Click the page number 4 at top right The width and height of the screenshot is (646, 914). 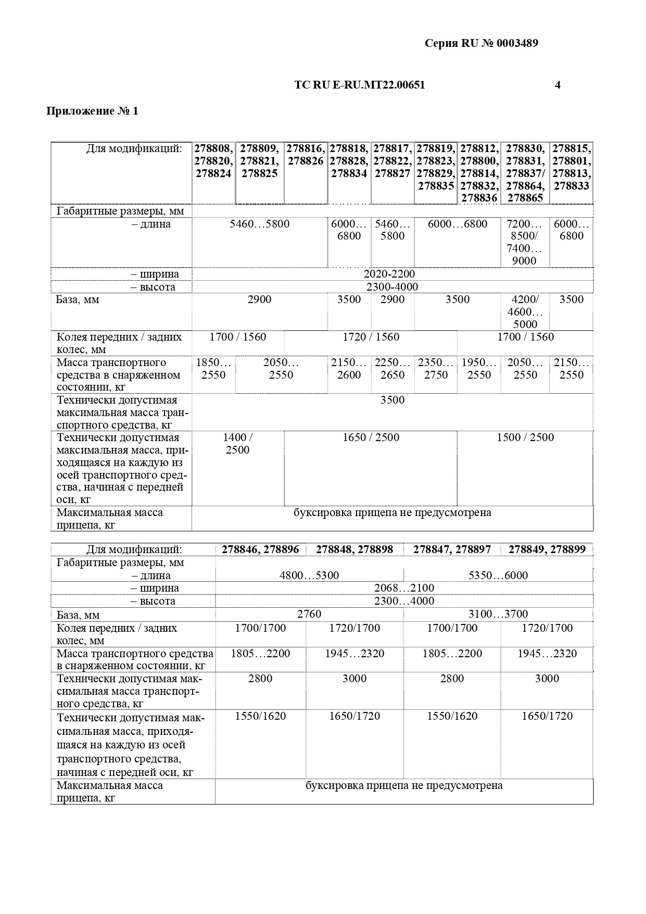tap(558, 85)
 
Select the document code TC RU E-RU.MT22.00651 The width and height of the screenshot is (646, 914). tap(359, 85)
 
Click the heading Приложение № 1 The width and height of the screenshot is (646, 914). tap(93, 111)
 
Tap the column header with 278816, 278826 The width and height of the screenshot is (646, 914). tap(306, 155)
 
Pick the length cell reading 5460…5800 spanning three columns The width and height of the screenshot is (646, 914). tap(259, 224)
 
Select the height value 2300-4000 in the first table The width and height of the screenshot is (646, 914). tap(392, 287)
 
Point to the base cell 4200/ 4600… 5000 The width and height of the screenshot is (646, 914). tap(525, 311)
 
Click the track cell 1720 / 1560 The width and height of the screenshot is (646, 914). tap(371, 337)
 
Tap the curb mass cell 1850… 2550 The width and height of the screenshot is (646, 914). tap(213, 368)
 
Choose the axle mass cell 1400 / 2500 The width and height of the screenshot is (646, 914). tap(238, 444)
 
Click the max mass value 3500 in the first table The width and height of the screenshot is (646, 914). tap(392, 400)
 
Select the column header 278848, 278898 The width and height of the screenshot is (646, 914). tap(354, 549)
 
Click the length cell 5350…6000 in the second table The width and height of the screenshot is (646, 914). tap(498, 575)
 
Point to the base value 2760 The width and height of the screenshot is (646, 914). tap(309, 614)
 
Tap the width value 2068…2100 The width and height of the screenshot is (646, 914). tap(404, 588)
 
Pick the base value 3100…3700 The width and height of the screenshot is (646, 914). tap(498, 614)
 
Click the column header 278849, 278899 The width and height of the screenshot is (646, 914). tap(547, 549)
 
